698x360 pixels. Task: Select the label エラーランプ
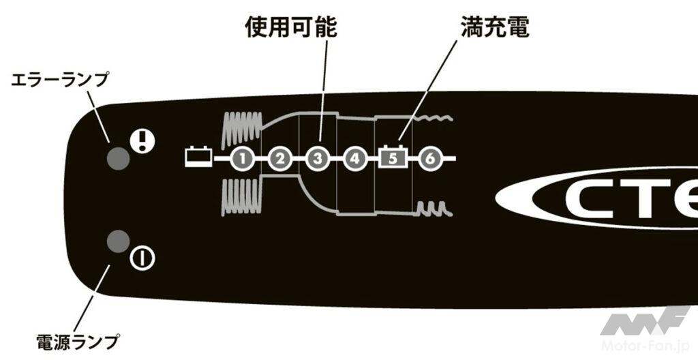pyautogui.click(x=60, y=80)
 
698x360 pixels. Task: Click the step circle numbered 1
pyautogui.click(x=242, y=159)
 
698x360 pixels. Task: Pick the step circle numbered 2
pyautogui.click(x=279, y=159)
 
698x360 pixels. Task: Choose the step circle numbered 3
pyautogui.click(x=317, y=159)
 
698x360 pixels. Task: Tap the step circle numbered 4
pyautogui.click(x=354, y=159)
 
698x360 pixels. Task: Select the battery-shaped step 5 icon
pyautogui.click(x=393, y=158)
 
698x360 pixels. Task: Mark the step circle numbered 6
pyautogui.click(x=429, y=159)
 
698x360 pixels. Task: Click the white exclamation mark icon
pyautogui.click(x=143, y=142)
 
